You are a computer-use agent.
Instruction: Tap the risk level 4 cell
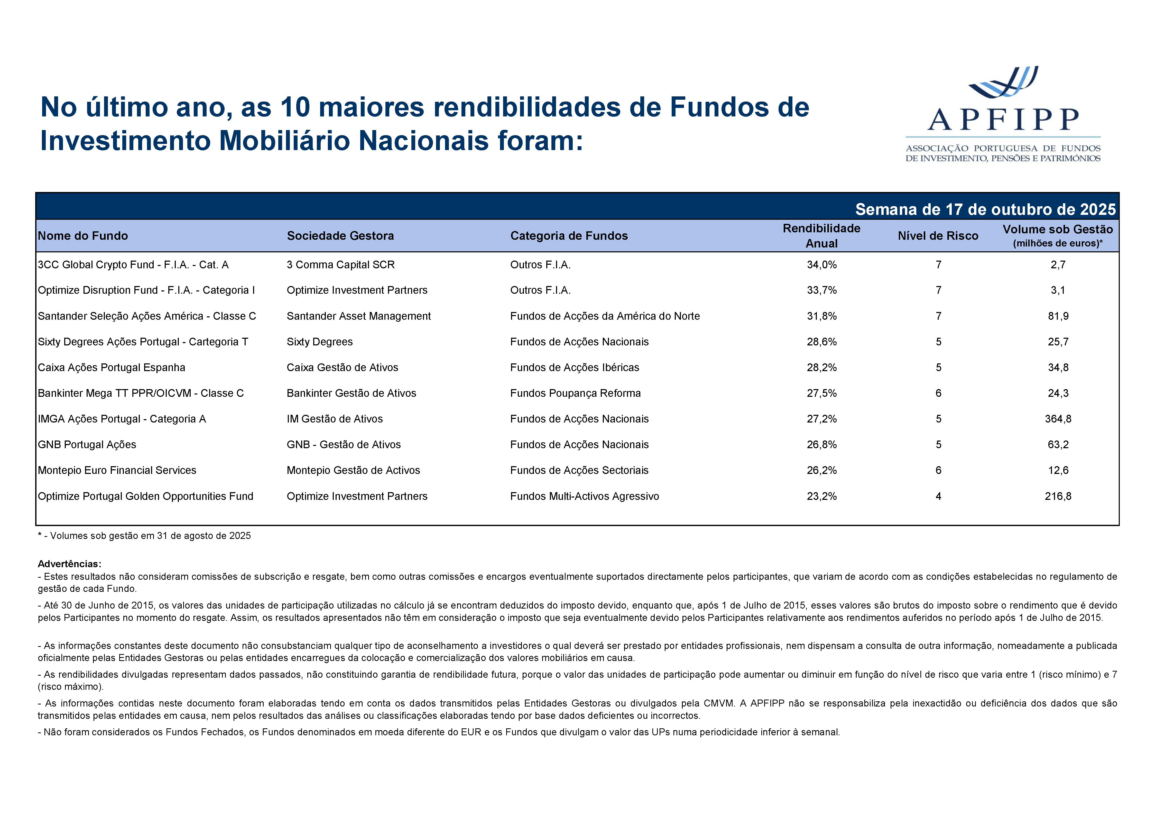coord(938,496)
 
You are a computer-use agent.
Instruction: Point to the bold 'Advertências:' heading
coord(69,564)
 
